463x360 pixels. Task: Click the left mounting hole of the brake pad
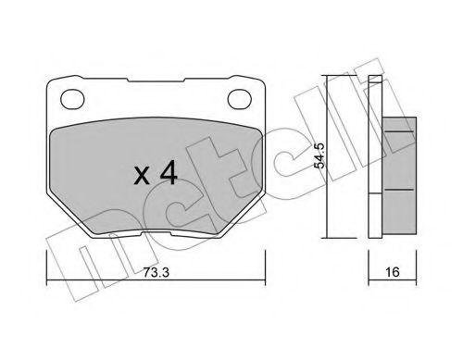tap(72, 99)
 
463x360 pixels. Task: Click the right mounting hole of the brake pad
tap(240, 99)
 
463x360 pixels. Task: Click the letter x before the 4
tap(143, 177)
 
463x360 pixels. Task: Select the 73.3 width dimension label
tap(156, 272)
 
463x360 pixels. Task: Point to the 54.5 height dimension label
tap(319, 155)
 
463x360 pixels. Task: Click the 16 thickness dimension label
tap(392, 272)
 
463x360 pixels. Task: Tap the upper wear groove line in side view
tap(399, 131)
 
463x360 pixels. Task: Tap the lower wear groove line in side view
tap(399, 190)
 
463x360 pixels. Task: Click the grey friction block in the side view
tap(399, 175)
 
